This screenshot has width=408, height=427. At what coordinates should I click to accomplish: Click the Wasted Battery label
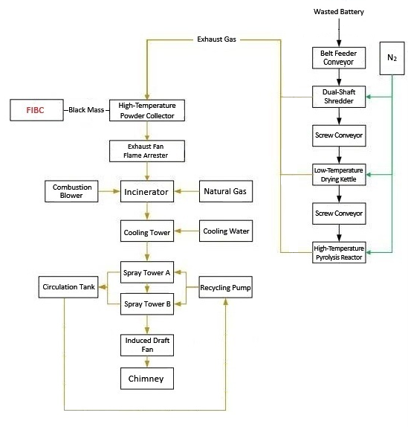coord(340,13)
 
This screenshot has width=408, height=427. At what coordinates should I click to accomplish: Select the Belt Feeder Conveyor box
coord(339,57)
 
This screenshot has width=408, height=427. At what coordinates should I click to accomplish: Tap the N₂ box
coord(392,57)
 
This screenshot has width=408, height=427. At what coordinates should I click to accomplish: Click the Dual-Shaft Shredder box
coord(339,96)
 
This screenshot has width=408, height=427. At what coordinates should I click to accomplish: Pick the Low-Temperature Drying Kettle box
coord(339,175)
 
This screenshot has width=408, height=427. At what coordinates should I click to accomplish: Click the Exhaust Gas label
coord(216,38)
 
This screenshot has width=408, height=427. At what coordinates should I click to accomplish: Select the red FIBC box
coord(36,110)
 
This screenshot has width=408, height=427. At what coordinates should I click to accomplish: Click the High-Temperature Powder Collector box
coord(146,110)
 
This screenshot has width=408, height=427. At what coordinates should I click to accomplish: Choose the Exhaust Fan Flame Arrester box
coord(146,151)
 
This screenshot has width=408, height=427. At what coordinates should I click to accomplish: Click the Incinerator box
coord(146,192)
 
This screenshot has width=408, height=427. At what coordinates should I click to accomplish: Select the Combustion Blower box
coord(72,192)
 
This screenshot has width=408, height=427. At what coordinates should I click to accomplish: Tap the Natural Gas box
coord(226,192)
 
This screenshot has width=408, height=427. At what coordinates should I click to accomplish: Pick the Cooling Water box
coord(226,231)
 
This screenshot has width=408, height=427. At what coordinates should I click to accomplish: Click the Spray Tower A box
coord(146,273)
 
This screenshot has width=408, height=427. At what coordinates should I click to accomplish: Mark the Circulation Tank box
coord(68,286)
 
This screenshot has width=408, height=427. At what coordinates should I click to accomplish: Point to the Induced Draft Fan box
coord(146,344)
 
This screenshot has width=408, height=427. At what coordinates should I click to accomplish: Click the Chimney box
coord(146,379)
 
